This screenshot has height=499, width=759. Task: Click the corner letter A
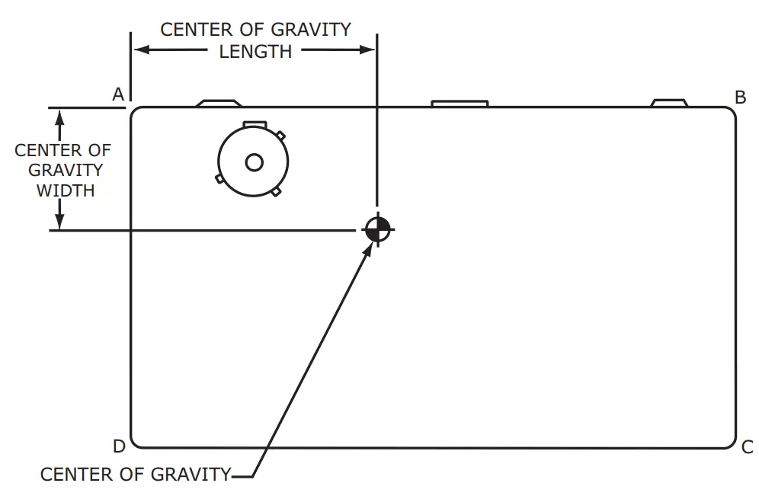(118, 94)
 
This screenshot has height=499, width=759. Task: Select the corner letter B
(740, 98)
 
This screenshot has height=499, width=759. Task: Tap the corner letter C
(748, 447)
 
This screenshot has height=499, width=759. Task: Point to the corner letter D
(119, 446)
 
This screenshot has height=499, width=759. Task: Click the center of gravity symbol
(377, 228)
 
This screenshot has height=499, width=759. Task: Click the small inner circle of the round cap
(254, 162)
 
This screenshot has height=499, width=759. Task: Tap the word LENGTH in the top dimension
(255, 52)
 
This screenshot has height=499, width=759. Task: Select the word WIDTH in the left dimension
(66, 190)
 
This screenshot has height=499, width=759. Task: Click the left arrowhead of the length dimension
(140, 50)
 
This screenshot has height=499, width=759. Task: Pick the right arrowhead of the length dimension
(369, 50)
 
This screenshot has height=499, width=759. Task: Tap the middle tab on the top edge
(460, 103)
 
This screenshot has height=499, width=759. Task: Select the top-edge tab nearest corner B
(669, 102)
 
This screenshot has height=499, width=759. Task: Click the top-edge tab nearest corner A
(219, 103)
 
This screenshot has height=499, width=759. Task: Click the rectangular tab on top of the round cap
(254, 123)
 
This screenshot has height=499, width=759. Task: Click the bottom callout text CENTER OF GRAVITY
(135, 475)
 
